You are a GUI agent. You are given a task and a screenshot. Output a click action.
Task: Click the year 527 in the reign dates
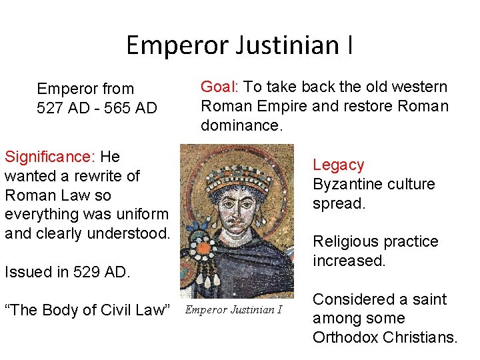50,107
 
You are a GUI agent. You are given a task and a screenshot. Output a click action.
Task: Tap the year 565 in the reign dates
106,107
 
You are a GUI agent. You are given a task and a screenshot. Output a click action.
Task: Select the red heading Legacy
339,165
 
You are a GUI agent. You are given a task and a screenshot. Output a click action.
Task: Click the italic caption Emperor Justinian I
234,309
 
